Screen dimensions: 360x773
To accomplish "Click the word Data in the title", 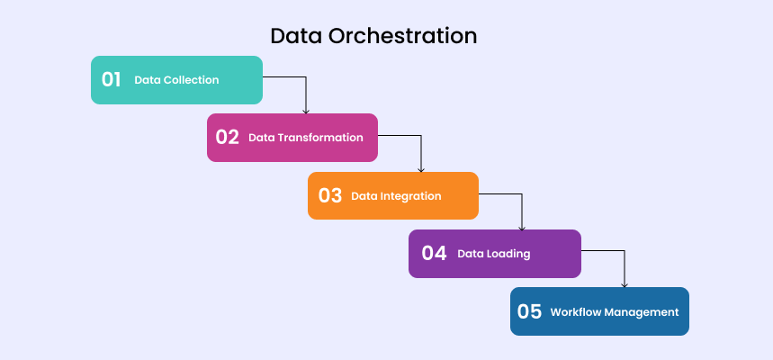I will [x=294, y=36].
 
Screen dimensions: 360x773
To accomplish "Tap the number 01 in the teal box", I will [x=111, y=79].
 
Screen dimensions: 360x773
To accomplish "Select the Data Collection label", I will [x=176, y=80].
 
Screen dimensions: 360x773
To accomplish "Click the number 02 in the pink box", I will [x=227, y=138].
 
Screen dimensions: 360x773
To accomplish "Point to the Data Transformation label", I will [x=306, y=138].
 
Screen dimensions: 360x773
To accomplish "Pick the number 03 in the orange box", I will [x=329, y=195].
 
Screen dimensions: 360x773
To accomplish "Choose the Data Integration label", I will [x=396, y=196].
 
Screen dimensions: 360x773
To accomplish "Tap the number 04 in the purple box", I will [x=434, y=253].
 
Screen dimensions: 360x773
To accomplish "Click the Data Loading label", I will [x=493, y=254].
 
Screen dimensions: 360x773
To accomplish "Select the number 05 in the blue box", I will [x=529, y=311].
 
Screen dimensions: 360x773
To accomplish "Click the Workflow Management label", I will [x=614, y=312].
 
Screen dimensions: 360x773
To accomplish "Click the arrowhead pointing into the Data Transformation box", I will [x=306, y=110].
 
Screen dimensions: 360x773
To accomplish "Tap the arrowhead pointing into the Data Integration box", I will [x=421, y=168].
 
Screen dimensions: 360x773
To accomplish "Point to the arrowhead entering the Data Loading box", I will [x=522, y=227].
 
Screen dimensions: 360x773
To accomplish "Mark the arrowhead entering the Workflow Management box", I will [x=625, y=284].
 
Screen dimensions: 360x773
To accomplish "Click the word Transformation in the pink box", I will [x=320, y=138].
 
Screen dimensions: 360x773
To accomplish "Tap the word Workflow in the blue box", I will [x=576, y=312].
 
